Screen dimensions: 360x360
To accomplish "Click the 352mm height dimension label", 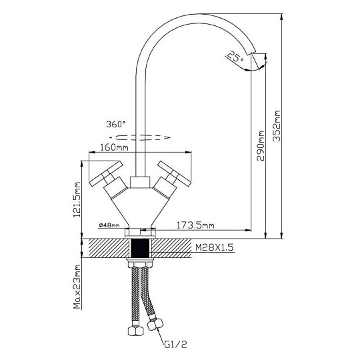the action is [277, 126].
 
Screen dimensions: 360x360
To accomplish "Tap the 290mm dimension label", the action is [261, 146].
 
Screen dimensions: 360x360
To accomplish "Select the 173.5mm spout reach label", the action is [195, 225].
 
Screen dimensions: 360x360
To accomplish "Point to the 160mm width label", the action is [114, 147].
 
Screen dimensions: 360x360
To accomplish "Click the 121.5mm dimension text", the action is [77, 200].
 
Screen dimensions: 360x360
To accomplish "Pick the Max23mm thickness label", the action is [77, 287].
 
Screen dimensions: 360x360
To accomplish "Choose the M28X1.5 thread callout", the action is [214, 247].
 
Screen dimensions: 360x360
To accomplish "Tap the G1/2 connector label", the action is [175, 344].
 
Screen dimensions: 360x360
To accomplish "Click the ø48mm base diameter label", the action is [109, 225].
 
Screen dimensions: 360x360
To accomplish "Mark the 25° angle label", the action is [235, 56].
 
